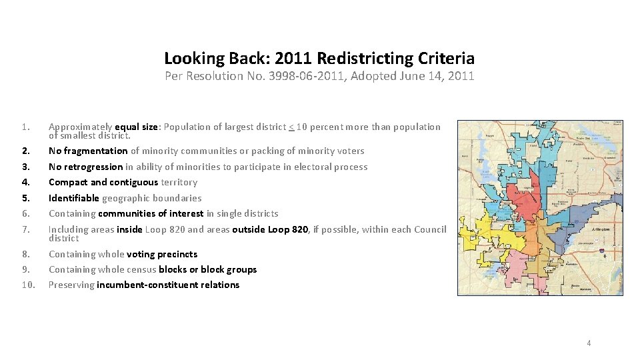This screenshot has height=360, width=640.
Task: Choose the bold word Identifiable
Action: tap(74, 198)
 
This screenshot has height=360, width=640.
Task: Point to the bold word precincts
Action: tap(178, 254)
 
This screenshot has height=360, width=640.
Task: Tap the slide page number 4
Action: tap(589, 343)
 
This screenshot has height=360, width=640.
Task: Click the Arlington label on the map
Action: tap(602, 228)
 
